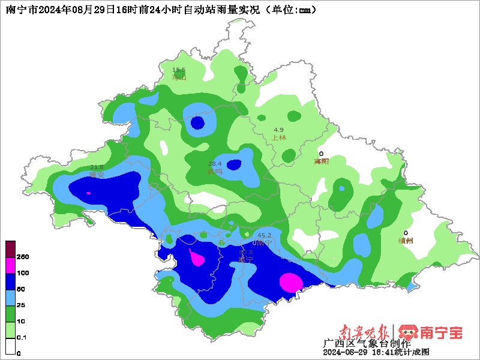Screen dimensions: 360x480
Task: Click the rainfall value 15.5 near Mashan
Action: click(179, 70)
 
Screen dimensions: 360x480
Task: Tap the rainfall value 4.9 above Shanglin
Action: click(278, 130)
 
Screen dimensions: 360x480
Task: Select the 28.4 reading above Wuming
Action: click(215, 164)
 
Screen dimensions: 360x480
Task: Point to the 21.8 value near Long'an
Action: click(97, 167)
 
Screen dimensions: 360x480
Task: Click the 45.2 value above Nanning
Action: click(264, 235)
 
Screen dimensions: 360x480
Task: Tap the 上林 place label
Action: click(279, 137)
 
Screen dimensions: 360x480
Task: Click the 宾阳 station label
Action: click(322, 161)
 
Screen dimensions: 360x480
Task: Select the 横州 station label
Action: click(406, 241)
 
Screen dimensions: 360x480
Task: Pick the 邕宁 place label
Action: click(245, 259)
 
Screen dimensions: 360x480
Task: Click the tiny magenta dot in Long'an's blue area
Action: click(89, 193)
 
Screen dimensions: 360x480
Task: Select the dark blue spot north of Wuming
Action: click(197, 123)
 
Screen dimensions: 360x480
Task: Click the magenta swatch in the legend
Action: click(11, 265)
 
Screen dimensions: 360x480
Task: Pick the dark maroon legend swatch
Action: click(11, 248)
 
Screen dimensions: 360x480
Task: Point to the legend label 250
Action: click(23, 257)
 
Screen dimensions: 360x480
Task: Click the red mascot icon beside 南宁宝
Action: click(408, 332)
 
